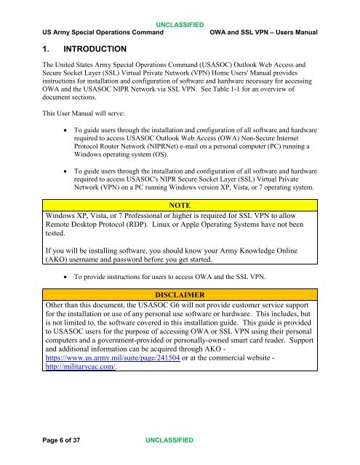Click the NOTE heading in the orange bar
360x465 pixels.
pos(180,206)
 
